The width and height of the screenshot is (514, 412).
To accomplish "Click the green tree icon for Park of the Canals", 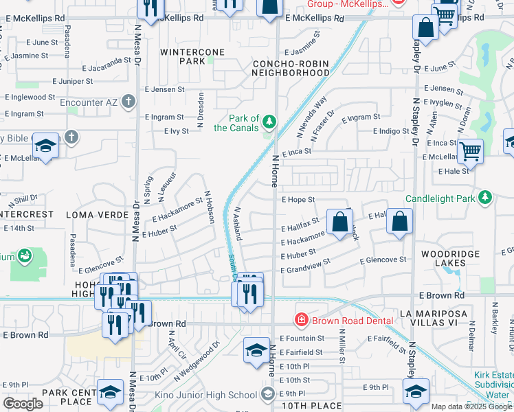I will click(x=269, y=122).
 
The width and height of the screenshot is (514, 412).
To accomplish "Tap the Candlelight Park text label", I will click(x=441, y=198).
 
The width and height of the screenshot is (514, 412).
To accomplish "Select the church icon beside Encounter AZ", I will click(x=128, y=102).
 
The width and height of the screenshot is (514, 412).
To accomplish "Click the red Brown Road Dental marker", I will click(x=300, y=319).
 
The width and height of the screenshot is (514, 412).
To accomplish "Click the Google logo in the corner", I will click(x=23, y=404).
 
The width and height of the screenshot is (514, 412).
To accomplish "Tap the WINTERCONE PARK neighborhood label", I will click(x=183, y=56).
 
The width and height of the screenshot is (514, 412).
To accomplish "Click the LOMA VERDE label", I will click(x=97, y=215).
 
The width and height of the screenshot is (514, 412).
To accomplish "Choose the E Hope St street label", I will click(x=298, y=199).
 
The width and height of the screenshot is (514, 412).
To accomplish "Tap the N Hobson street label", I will click(x=210, y=207).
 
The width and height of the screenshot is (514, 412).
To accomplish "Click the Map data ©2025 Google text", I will click(x=470, y=406).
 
